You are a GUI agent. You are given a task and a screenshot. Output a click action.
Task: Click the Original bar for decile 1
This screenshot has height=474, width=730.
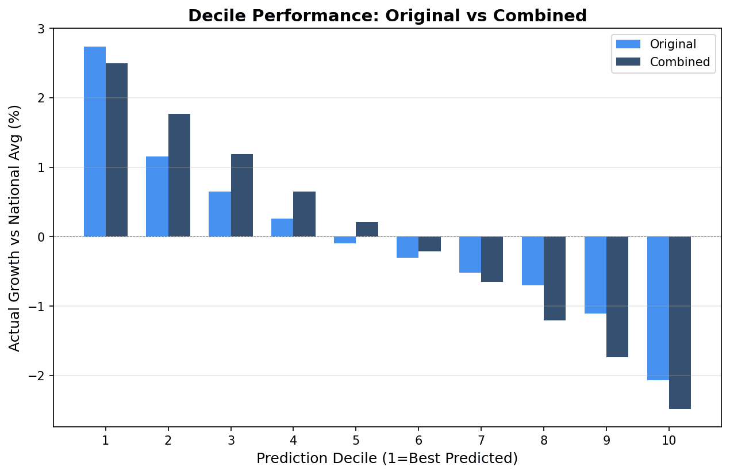pos(95,142)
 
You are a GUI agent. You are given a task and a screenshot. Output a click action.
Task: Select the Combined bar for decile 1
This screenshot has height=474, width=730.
pos(117,150)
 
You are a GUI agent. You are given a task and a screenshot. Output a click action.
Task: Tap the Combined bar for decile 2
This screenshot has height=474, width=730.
pos(179,175)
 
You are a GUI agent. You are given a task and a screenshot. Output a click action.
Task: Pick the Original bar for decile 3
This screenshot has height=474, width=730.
pos(220,214)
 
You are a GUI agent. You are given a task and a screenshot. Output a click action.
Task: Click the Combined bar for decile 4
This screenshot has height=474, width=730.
pos(304,214)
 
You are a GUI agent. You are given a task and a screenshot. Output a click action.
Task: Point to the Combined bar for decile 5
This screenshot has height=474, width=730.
pos(367,230)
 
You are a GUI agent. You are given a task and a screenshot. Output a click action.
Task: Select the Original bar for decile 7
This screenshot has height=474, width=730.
pos(470,255)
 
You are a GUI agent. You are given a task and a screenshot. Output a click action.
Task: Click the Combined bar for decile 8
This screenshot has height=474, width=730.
pos(555,278)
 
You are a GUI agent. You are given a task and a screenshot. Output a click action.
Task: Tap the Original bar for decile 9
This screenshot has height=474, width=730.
pos(595,275)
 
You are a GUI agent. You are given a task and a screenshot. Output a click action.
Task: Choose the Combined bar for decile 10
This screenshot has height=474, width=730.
pos(680,323)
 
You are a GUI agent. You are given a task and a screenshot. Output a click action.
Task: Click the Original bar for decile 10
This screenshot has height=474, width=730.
pos(658,308)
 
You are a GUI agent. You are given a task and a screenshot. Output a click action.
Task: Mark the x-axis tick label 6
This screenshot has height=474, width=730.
pos(418,441)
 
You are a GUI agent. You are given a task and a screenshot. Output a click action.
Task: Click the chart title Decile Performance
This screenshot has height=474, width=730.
pos(387,16)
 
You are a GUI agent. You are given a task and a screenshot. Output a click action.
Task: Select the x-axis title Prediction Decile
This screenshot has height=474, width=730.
pos(387,458)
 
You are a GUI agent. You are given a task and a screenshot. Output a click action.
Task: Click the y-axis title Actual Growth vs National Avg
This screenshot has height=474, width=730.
pos(15,227)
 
